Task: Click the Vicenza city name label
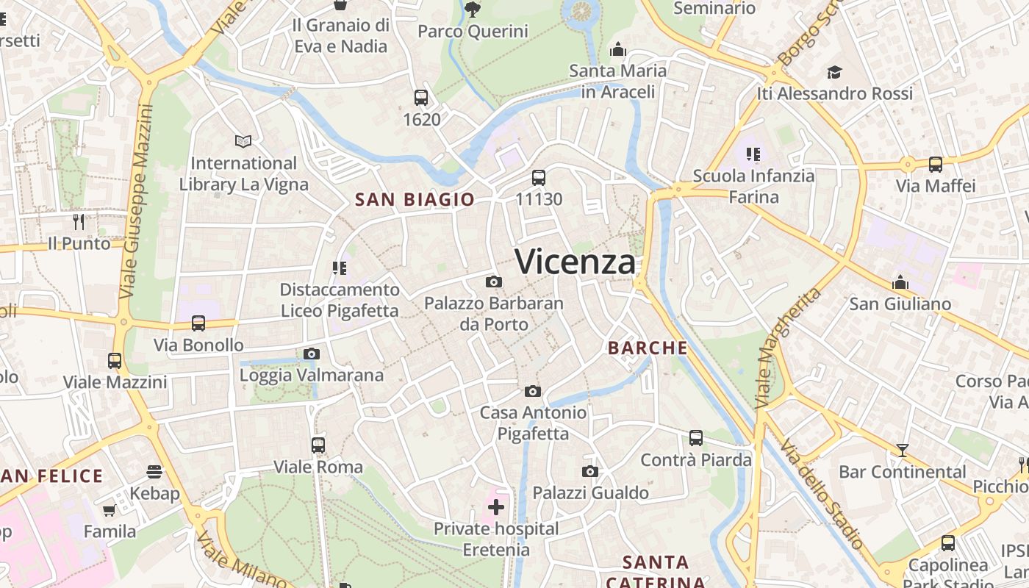tap(575, 262)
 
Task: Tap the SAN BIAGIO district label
tap(415, 199)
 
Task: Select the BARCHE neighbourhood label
tap(648, 348)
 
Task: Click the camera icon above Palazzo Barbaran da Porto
tap(494, 282)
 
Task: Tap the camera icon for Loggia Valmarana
tap(312, 354)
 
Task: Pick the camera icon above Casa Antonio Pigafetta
tap(533, 391)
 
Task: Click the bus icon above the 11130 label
tap(539, 177)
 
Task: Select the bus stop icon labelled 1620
tap(421, 97)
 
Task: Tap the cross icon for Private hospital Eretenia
tap(496, 506)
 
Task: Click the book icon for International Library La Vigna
tap(243, 140)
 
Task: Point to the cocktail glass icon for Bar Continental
tap(903, 450)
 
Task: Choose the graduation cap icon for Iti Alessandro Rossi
tap(834, 72)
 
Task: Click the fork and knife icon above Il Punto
tap(79, 221)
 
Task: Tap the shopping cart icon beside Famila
tap(110, 510)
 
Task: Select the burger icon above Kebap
tap(154, 471)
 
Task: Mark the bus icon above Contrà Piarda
tap(696, 438)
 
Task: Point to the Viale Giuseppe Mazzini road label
tap(139, 202)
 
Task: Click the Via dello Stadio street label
tap(822, 494)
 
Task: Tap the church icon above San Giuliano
tap(900, 282)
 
